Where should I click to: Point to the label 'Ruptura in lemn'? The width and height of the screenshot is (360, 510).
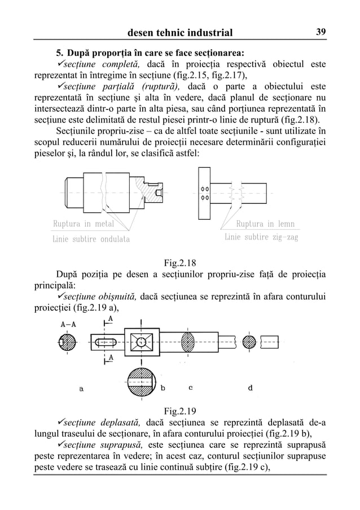265,224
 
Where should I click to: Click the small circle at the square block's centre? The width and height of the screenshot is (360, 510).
139,342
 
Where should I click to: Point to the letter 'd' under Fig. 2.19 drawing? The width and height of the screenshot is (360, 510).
251,387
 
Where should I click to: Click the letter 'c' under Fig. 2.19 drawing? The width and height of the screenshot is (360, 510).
191,387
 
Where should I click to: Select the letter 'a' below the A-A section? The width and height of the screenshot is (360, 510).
81,389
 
